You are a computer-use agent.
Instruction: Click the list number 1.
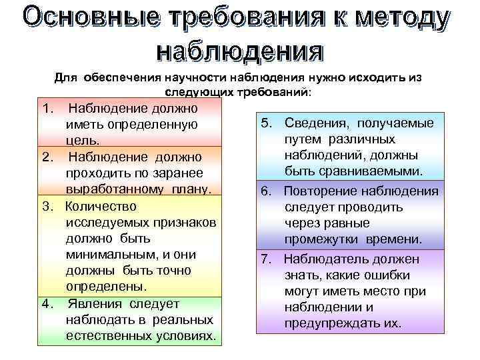46,107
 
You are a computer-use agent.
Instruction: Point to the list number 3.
46,206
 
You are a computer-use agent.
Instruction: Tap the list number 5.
267,123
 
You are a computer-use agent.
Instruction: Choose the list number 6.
267,191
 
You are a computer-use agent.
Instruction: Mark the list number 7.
267,259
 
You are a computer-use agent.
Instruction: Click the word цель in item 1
83,141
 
